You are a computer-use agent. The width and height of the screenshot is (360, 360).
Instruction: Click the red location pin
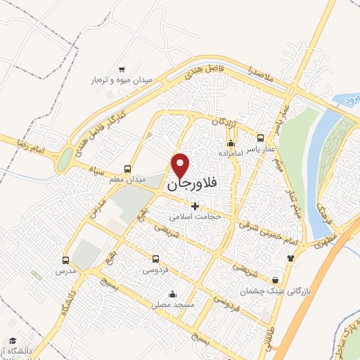(181, 165)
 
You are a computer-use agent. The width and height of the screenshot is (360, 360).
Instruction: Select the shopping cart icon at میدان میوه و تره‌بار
(122, 69)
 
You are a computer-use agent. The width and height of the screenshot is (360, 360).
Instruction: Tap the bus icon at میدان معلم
(127, 169)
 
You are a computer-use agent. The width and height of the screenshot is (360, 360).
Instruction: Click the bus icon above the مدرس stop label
(65, 260)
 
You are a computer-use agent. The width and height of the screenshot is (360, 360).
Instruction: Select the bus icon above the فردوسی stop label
(156, 259)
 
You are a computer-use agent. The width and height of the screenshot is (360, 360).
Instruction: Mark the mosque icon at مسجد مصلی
(172, 295)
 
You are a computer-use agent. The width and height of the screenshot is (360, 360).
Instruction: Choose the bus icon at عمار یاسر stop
(261, 138)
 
